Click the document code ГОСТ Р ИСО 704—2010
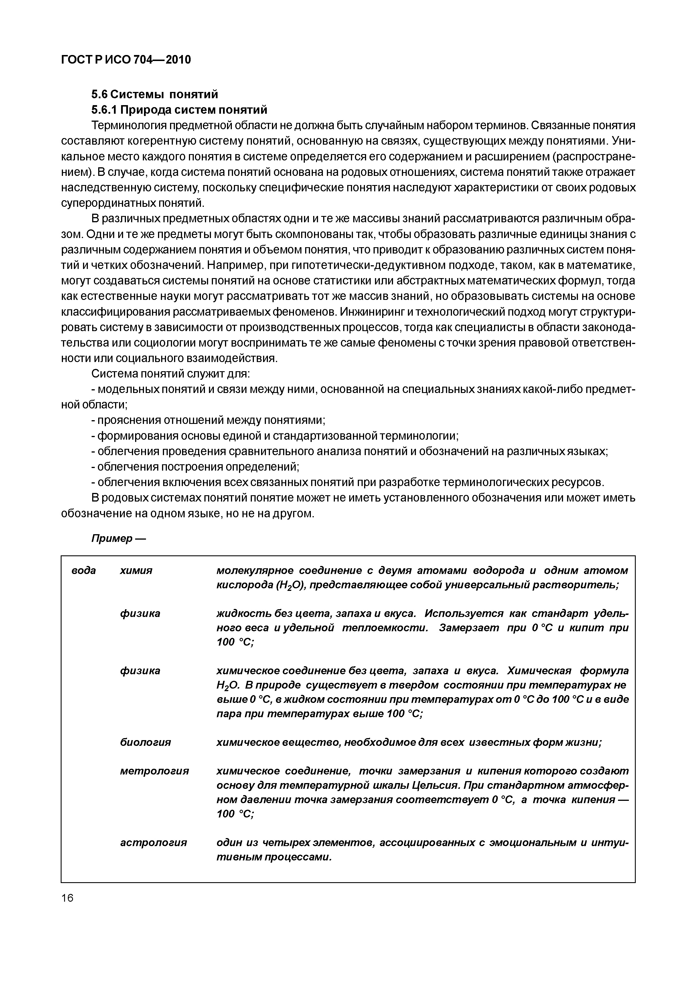pyautogui.click(x=126, y=60)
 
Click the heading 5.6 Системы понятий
pyautogui.click(x=155, y=94)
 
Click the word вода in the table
pyautogui.click(x=84, y=570)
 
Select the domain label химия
pyautogui.click(x=136, y=570)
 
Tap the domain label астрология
pyautogui.click(x=153, y=843)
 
